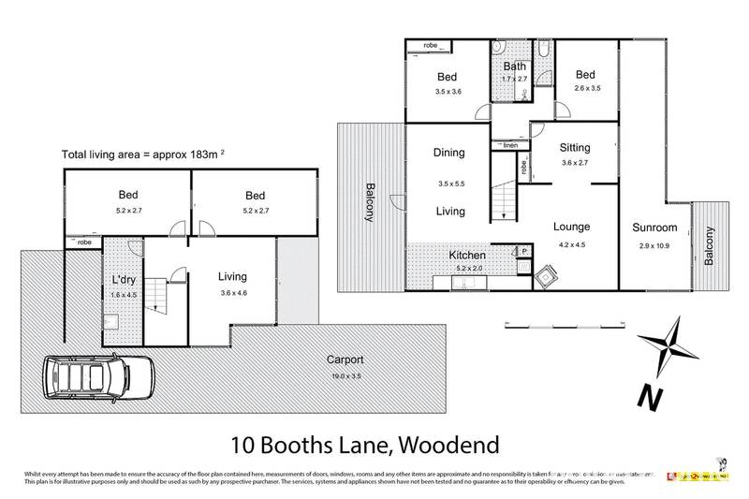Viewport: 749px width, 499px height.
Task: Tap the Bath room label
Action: click(514, 66)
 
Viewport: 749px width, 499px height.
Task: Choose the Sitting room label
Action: click(575, 147)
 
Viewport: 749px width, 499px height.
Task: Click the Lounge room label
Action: click(570, 226)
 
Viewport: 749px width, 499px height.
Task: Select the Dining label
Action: click(449, 153)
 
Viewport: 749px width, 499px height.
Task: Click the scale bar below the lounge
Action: click(565, 325)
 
